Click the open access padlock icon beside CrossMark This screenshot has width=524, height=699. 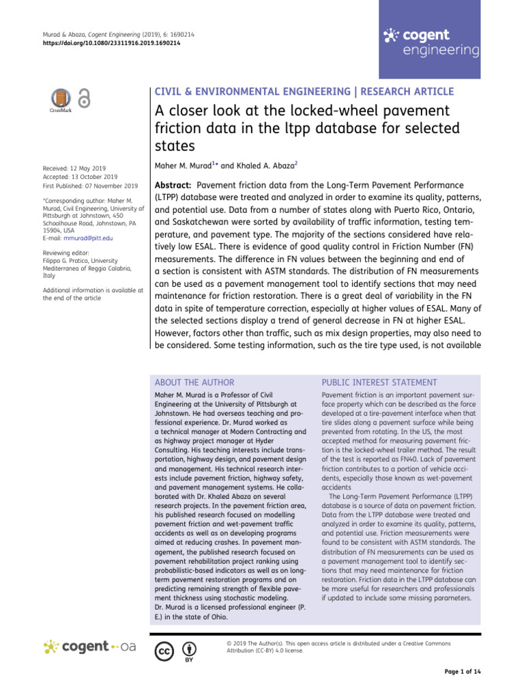tap(84, 99)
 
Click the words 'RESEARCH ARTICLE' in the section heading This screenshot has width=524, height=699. tap(396, 91)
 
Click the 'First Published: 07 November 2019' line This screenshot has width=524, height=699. tap(90, 186)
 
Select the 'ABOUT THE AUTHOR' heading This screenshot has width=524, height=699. tap(194, 383)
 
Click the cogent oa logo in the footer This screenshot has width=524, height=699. tap(90, 646)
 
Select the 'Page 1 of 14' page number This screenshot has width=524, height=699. tap(463, 672)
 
